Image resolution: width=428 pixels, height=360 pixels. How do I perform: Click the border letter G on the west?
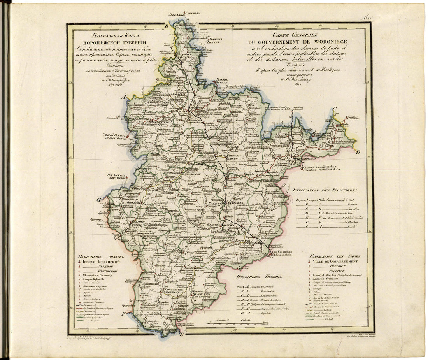(x=99, y=200)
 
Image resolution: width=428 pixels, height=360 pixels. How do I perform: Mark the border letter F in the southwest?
(x=123, y=313)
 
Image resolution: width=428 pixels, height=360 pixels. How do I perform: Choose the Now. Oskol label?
(x=118, y=178)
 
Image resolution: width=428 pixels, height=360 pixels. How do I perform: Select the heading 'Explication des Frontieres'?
(x=325, y=190)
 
